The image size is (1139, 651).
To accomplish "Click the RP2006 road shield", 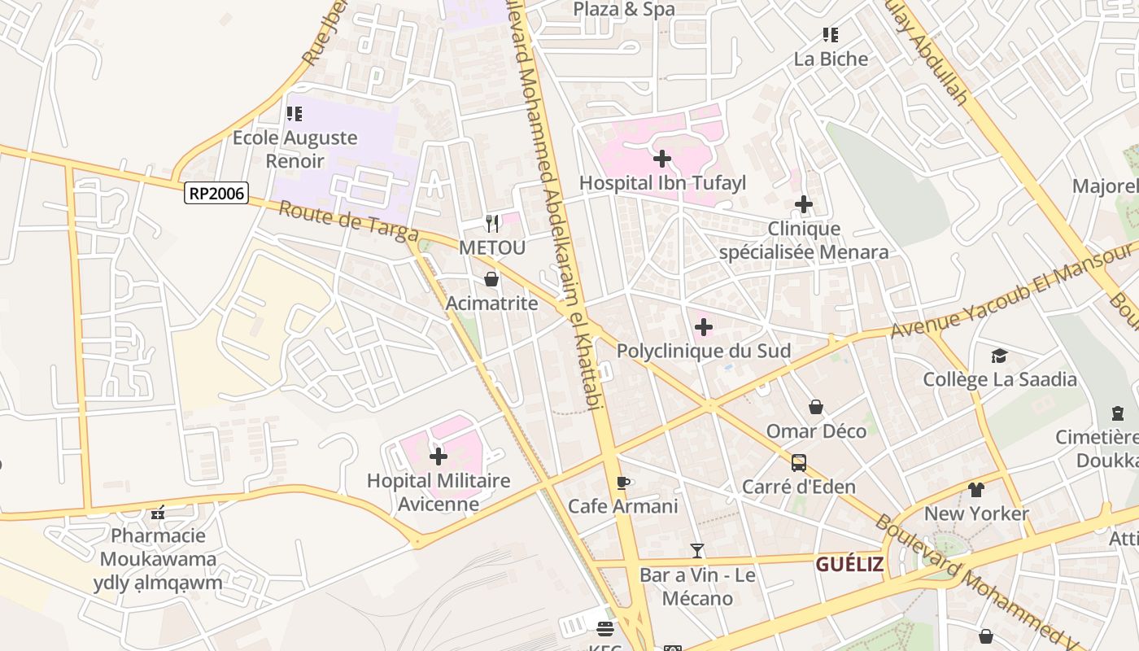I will (216, 193).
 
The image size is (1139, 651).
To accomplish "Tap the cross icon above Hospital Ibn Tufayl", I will (662, 158).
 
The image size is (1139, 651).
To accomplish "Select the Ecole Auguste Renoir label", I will (295, 149).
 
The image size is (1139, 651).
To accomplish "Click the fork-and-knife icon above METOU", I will (492, 223).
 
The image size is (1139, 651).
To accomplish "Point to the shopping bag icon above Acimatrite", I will (491, 279).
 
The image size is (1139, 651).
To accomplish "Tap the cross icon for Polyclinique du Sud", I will (704, 327).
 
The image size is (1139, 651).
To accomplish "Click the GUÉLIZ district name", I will (849, 564).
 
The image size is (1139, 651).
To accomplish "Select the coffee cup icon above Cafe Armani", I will (623, 483).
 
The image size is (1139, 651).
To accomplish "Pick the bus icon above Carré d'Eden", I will (799, 463).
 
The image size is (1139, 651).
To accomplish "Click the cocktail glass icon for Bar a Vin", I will (697, 551).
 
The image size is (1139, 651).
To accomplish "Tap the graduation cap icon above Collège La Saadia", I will (999, 356).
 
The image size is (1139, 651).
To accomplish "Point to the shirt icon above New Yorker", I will (976, 490).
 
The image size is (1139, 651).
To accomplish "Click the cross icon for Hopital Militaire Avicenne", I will (439, 457).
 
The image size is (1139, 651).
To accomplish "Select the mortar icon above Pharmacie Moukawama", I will (159, 512).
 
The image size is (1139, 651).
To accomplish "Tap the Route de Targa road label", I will (349, 221).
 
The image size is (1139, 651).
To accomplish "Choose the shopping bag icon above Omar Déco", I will (816, 407).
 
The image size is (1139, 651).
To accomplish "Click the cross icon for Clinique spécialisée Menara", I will (804, 204).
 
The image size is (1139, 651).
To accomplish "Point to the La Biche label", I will (831, 59).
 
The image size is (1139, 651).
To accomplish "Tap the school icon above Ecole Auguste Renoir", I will (295, 114).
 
